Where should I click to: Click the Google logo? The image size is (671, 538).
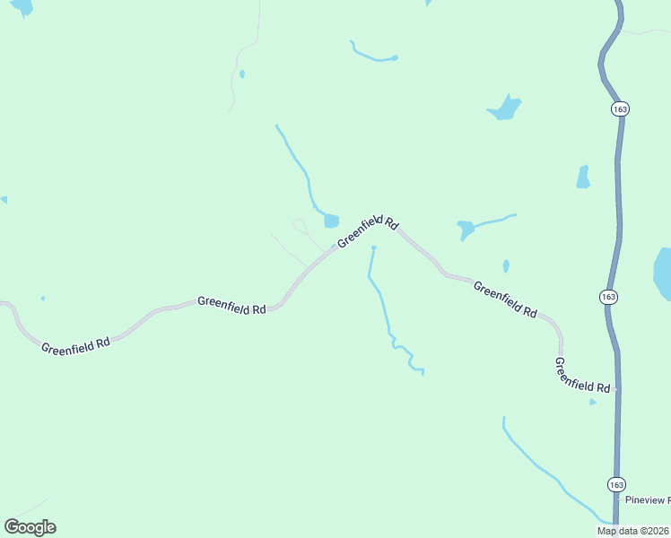coord(30,527)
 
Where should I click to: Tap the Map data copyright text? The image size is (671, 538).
coord(633,531)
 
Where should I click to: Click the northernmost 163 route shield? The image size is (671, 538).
coord(620,108)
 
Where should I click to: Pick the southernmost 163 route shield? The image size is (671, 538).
coord(615,484)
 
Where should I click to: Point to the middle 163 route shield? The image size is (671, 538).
coord(609,296)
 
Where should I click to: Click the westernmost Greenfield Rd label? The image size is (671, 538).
coord(75,343)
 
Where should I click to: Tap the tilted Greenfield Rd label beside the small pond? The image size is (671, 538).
coord(367,232)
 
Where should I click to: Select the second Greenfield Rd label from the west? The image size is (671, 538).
coord(231,305)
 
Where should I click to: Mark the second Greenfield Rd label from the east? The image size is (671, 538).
coord(504,300)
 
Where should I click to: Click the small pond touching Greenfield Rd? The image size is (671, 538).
coord(331,221)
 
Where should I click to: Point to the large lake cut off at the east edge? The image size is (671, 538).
coord(663,273)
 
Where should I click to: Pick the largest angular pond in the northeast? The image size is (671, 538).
coord(505,109)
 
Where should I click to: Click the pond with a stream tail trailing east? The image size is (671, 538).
coord(466,229)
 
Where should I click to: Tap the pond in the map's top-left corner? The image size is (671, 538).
coord(22,7)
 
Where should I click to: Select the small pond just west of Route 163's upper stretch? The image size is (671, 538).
coord(583,177)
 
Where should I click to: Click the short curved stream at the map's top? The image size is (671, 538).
coord(373,56)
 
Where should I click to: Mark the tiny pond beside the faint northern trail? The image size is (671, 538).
coord(242,74)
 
